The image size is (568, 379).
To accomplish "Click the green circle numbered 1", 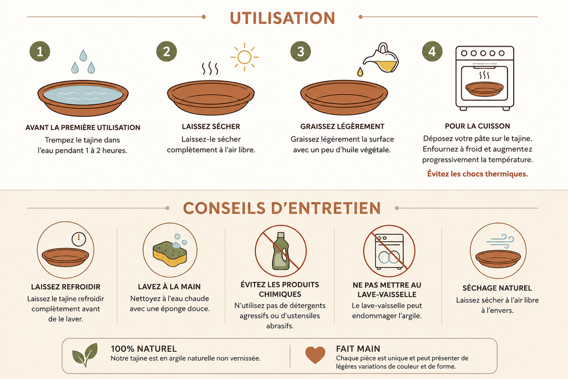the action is (x=40, y=51).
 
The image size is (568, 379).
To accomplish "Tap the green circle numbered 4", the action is (x=432, y=51).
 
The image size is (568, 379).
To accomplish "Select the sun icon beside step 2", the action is (x=244, y=57).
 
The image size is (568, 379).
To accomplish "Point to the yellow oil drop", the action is (x=360, y=72).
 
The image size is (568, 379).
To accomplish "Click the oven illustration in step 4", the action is (x=484, y=78).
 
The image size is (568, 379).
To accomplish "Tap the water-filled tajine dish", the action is (x=83, y=98).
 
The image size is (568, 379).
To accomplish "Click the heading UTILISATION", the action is (x=282, y=18).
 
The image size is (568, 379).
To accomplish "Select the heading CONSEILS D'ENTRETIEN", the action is (x=282, y=208).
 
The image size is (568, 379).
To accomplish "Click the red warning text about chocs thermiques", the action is (x=478, y=174).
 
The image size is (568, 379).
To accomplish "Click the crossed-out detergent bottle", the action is (x=281, y=251).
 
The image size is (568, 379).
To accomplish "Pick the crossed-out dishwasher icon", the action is (x=389, y=251).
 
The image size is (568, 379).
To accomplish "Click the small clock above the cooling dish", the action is (x=79, y=239).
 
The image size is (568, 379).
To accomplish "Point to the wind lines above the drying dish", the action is (x=500, y=240).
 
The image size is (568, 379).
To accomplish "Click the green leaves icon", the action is (x=85, y=355).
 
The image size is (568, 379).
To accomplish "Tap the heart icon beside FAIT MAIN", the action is (x=315, y=355).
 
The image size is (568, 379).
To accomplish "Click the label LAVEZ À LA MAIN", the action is (x=169, y=286).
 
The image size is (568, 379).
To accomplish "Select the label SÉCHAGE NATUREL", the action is (x=497, y=288).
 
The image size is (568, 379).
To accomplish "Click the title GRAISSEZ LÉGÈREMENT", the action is (x=342, y=127).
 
